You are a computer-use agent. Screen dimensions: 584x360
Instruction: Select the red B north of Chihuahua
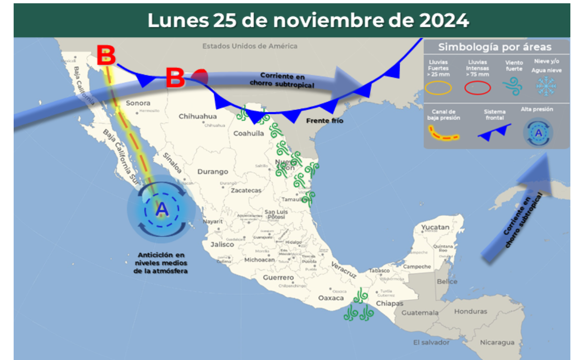(175, 78)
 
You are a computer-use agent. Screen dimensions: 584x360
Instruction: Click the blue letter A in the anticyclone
(162, 210)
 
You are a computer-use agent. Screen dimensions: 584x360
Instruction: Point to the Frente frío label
(325, 120)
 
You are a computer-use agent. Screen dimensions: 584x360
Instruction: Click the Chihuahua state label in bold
(198, 116)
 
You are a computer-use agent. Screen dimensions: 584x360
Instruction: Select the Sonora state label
(138, 103)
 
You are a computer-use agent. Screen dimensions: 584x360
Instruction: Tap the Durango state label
(213, 172)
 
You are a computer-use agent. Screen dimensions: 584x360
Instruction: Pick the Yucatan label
(435, 227)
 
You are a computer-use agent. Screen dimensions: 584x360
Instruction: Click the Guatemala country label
(420, 312)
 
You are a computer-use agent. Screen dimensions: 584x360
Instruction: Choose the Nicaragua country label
(497, 342)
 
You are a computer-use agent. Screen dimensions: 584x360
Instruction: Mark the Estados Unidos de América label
(250, 46)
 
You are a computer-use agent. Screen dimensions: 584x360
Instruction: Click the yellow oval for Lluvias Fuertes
(438, 88)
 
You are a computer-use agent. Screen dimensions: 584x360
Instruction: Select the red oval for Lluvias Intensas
(477, 88)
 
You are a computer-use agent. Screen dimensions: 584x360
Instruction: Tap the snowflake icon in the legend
(546, 86)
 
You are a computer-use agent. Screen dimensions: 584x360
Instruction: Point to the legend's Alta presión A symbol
(538, 132)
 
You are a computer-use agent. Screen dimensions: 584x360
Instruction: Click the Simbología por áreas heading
(495, 47)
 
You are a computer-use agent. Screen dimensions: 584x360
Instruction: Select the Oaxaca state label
(331, 298)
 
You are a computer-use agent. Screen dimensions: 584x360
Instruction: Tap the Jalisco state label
(222, 245)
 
